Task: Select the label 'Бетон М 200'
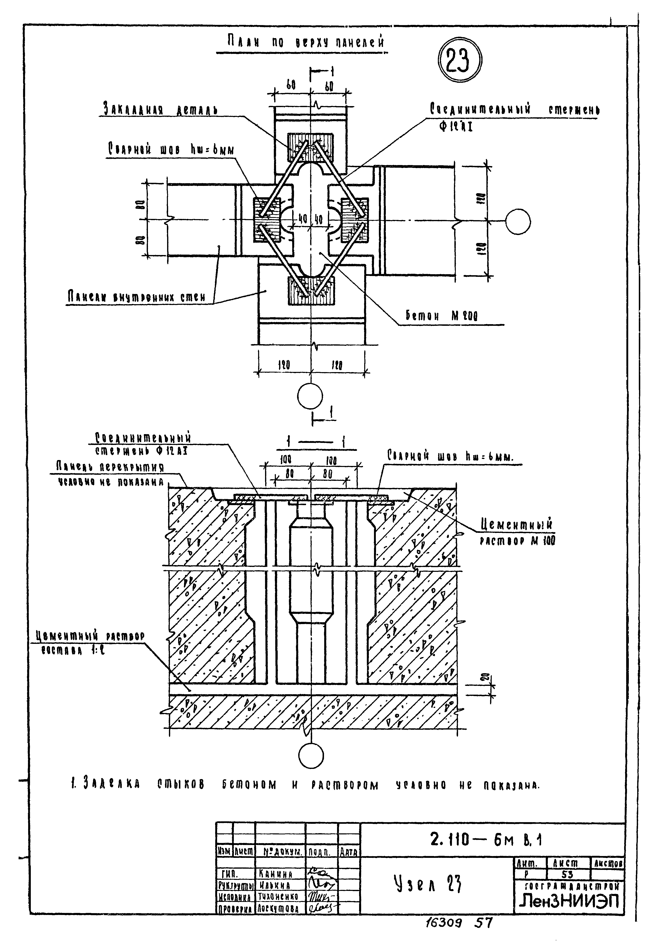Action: click(442, 317)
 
